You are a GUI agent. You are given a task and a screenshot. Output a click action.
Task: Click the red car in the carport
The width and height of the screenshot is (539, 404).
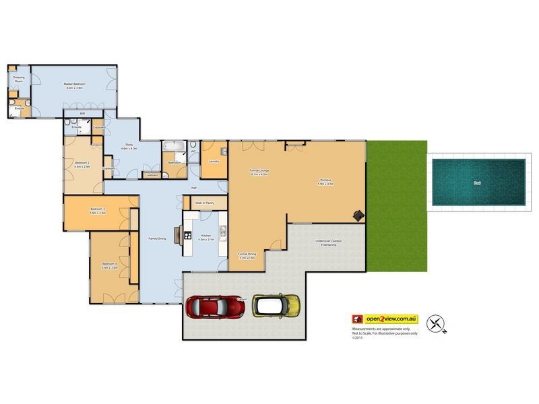point(215,306)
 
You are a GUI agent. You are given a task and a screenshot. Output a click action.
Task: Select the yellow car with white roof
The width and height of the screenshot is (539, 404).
point(276,305)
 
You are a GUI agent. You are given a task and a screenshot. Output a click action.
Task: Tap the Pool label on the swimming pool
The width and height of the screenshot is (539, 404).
point(478,182)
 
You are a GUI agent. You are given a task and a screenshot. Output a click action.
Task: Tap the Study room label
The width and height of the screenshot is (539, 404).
point(129,145)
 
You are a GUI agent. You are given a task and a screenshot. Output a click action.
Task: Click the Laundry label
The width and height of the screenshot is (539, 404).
point(214,162)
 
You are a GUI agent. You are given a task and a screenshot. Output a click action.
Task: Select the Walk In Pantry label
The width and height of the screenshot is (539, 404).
point(204,202)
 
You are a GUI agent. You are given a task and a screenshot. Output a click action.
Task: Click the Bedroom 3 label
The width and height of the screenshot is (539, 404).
point(98,209)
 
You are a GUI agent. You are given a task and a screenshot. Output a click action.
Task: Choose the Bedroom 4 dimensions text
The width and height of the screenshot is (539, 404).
point(110,267)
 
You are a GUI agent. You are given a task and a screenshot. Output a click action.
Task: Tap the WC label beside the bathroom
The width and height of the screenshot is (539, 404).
point(193,151)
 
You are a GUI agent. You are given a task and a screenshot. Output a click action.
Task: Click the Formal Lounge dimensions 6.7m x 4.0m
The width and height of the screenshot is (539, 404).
point(259,174)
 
